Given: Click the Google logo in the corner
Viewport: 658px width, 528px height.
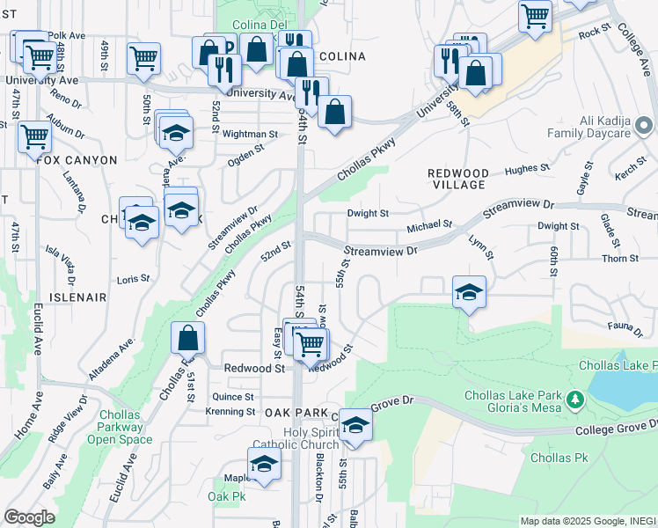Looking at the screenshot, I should [x=30, y=517].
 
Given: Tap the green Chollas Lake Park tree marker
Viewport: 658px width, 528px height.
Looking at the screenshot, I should [x=575, y=401].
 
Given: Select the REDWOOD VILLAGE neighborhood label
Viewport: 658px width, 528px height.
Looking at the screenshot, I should [x=457, y=179].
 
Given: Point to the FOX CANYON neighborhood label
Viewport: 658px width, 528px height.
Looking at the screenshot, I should [x=77, y=160].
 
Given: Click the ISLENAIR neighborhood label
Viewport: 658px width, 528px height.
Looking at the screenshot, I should [x=77, y=297].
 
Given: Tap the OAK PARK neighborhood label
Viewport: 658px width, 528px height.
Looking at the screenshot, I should [x=294, y=413].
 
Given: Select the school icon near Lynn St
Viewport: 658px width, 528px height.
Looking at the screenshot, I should [x=469, y=292].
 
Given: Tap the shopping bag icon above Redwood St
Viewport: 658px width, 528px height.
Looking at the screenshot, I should [x=188, y=338].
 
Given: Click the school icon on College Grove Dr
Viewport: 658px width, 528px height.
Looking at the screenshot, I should [x=355, y=424].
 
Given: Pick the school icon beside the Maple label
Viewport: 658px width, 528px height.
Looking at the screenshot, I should [x=264, y=464].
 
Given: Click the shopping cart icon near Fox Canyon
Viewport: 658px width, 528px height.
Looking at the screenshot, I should [x=33, y=137].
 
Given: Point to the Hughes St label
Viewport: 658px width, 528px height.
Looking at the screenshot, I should [x=527, y=167].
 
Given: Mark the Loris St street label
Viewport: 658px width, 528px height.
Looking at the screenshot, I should [x=134, y=279].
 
